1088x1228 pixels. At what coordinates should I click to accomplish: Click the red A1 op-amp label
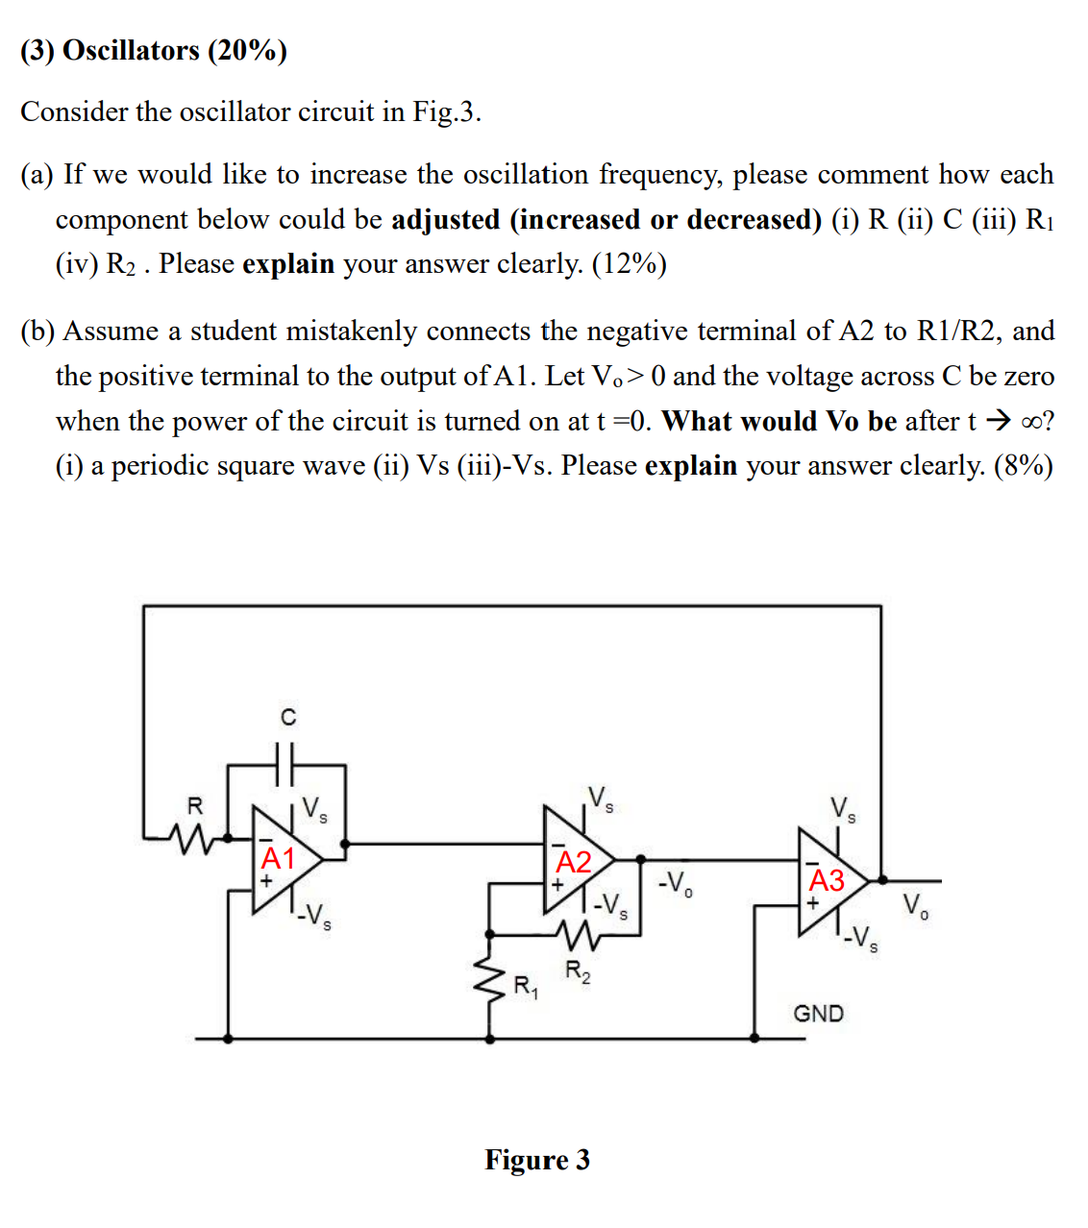(x=278, y=857)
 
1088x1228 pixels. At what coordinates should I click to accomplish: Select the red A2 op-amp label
(x=574, y=862)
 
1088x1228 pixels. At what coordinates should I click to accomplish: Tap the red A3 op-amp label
(x=827, y=880)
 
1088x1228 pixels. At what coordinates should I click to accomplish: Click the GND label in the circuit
(x=818, y=1014)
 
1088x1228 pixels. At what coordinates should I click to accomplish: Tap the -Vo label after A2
(x=676, y=883)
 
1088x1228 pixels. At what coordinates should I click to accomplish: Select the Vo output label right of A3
(x=915, y=905)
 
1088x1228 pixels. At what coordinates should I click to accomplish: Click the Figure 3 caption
(x=537, y=1160)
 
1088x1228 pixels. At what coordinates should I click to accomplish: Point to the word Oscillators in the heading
(x=131, y=50)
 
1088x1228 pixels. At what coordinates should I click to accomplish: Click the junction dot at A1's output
(x=345, y=844)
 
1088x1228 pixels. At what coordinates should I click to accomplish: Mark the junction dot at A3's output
(x=882, y=879)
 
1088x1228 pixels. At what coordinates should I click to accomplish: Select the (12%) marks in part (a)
(x=629, y=263)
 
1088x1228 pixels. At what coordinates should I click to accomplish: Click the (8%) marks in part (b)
(x=1024, y=465)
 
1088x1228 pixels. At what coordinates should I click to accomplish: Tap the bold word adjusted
(x=446, y=219)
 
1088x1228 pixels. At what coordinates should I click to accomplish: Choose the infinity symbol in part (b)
(x=1031, y=421)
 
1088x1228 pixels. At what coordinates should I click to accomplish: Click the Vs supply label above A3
(x=843, y=808)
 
